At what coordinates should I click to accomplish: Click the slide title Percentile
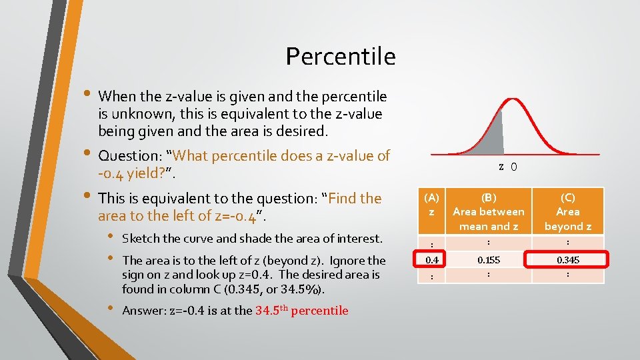click(x=341, y=57)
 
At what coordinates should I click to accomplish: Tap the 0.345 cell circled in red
click(x=567, y=258)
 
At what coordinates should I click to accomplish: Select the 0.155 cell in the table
click(x=488, y=258)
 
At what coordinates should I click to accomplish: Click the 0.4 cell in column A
click(x=432, y=258)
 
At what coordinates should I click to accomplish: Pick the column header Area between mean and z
click(x=488, y=211)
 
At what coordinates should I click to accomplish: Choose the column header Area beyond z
click(x=567, y=211)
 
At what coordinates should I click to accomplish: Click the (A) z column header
click(x=432, y=204)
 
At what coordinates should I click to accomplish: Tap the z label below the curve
click(x=501, y=167)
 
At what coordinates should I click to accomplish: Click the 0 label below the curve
click(x=513, y=167)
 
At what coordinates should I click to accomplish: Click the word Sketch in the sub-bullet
click(x=140, y=239)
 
